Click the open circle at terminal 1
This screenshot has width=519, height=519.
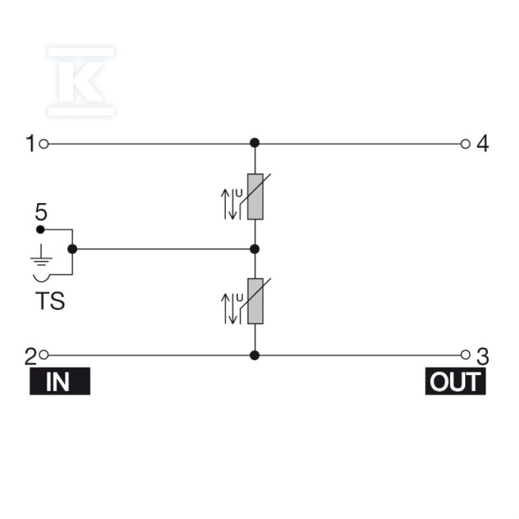pyautogui.click(x=43, y=144)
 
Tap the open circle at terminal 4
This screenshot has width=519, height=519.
pyautogui.click(x=465, y=144)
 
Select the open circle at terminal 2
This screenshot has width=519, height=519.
pyautogui.click(x=43, y=355)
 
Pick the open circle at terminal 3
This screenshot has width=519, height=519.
pyautogui.click(x=465, y=355)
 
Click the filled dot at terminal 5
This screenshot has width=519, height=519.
pyautogui.click(x=40, y=230)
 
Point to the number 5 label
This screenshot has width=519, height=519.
pyautogui.click(x=41, y=212)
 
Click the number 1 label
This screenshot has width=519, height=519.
pyautogui.click(x=30, y=143)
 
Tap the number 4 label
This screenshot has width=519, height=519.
pyautogui.click(x=483, y=143)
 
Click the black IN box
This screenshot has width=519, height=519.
pyautogui.click(x=60, y=381)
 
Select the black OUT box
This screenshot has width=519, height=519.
pyautogui.click(x=455, y=381)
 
